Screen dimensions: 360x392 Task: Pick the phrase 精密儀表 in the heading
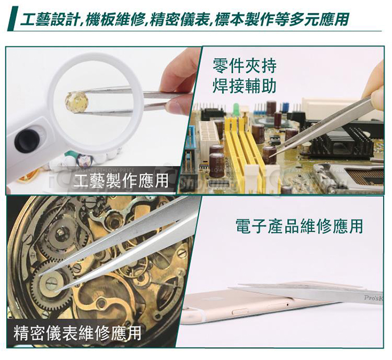click(x=179, y=20)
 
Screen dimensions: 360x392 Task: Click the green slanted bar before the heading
click(x=11, y=20)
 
